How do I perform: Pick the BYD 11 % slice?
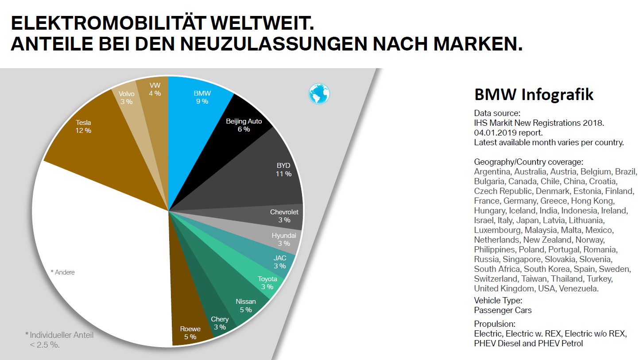(x=266, y=173)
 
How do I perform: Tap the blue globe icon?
(x=319, y=94)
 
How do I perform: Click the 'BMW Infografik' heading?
(x=534, y=95)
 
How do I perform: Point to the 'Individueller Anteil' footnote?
(x=62, y=335)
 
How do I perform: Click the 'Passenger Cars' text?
(x=503, y=310)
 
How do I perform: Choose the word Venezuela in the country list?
(x=579, y=289)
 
